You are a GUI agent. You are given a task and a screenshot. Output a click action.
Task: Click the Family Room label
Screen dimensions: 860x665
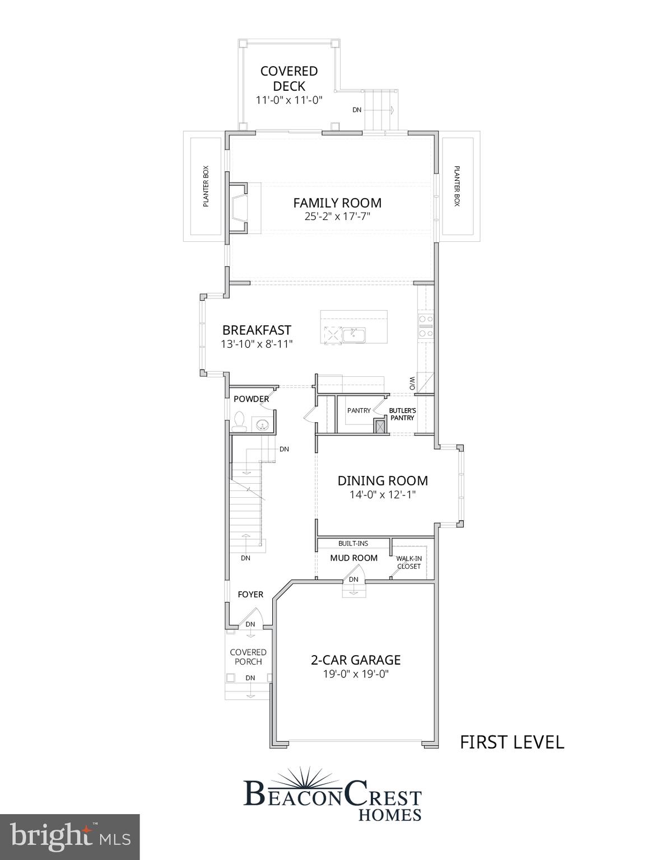pyautogui.click(x=337, y=203)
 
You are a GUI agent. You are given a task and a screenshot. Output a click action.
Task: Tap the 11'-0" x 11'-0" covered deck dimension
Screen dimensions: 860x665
pyautogui.click(x=289, y=101)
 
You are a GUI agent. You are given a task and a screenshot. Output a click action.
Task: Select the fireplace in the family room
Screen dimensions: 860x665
pyautogui.click(x=238, y=207)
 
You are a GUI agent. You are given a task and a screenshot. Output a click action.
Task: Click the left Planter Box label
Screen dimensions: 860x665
pyautogui.click(x=206, y=186)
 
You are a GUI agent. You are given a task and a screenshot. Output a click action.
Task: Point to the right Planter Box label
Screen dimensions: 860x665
pyautogui.click(x=457, y=186)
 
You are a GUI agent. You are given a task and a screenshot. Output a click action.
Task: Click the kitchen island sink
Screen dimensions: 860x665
pyautogui.click(x=354, y=335)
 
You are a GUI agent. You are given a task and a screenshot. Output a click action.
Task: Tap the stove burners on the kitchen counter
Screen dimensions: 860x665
pyautogui.click(x=426, y=326)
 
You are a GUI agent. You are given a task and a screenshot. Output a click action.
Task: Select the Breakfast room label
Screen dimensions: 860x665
pyautogui.click(x=257, y=330)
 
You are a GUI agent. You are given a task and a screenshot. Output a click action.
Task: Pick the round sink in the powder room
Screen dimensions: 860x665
pyautogui.click(x=262, y=426)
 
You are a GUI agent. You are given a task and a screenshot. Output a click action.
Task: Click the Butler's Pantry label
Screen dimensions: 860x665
pyautogui.click(x=402, y=414)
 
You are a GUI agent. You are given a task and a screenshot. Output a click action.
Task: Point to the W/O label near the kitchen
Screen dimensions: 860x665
pyautogui.click(x=412, y=384)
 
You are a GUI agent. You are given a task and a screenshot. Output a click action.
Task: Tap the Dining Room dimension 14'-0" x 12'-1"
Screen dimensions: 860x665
pyautogui.click(x=383, y=495)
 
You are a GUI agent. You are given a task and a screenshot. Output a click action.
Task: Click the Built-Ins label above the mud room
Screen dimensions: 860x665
pyautogui.click(x=353, y=543)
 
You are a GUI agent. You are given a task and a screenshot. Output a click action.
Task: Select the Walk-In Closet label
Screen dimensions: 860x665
pyautogui.click(x=409, y=562)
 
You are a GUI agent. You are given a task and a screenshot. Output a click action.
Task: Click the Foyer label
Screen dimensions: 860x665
pyautogui.click(x=250, y=595)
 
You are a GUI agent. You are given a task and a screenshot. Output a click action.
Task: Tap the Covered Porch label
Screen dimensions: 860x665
pyautogui.click(x=248, y=657)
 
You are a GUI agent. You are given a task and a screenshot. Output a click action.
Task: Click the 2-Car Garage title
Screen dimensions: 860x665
pyautogui.click(x=356, y=660)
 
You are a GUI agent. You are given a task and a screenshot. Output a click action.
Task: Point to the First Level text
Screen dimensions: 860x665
pyautogui.click(x=511, y=742)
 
